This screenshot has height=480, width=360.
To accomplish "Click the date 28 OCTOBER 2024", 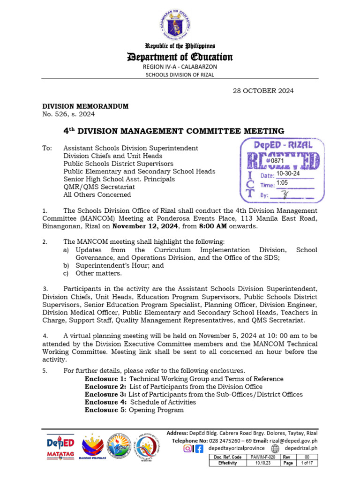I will coord(263,90).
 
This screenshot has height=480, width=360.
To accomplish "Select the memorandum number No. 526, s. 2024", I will coord(68,114).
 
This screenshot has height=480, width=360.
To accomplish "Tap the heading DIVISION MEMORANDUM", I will coord(85,106).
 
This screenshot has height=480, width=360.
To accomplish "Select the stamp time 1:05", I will coord(282,183).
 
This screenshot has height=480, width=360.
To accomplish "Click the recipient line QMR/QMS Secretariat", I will coord(97,187).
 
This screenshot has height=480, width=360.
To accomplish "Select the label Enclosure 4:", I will coord(105,402).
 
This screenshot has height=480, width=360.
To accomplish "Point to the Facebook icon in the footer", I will coord(199,449).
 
